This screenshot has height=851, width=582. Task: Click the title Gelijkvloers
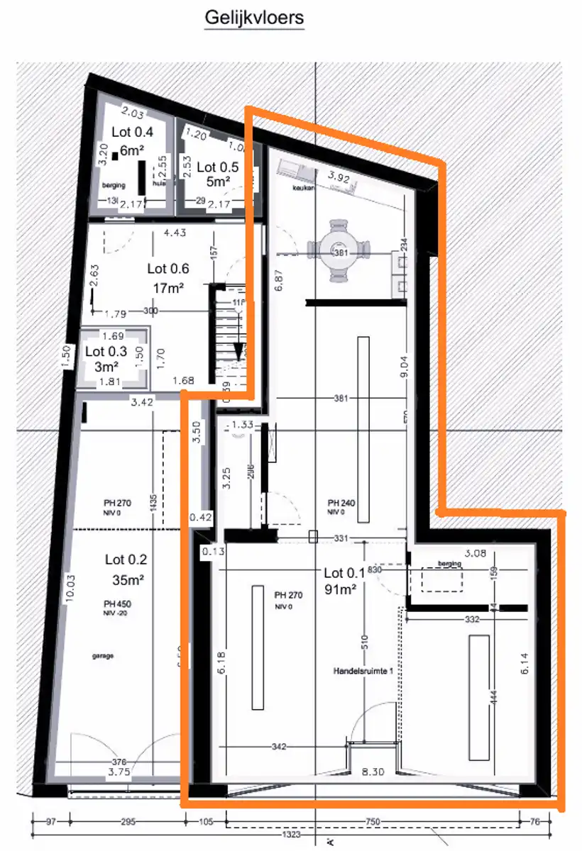(254, 18)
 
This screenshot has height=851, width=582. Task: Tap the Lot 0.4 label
(133, 131)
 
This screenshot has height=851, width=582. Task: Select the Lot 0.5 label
(217, 167)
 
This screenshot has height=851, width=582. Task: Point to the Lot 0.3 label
(105, 351)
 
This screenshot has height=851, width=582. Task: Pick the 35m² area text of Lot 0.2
(128, 579)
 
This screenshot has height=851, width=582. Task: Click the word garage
(102, 655)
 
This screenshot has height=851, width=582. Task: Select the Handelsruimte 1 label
(363, 670)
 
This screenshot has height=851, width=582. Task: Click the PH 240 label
(341, 503)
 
